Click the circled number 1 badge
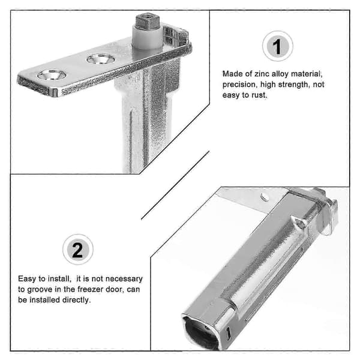[x=277, y=46]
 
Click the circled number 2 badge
[x=78, y=250]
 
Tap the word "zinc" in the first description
[x=262, y=74]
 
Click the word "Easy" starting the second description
[x=27, y=279]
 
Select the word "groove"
[x=40, y=290]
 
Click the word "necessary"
[x=124, y=279]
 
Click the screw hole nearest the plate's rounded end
[x=52, y=75]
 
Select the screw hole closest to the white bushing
[x=101, y=59]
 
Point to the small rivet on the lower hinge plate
[x=265, y=197]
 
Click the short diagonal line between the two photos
[x=175, y=185]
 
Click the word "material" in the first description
[x=307, y=74]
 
